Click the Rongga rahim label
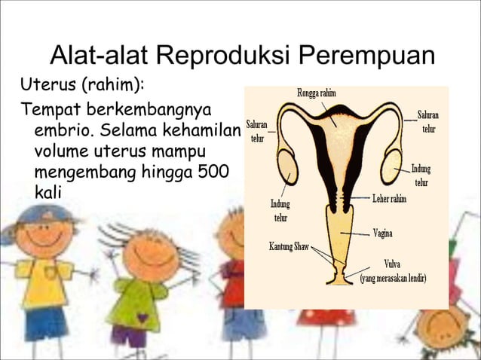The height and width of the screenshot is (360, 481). (x=317, y=93)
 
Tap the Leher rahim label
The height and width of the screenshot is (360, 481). (x=389, y=200)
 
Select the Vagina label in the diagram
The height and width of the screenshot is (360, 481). (x=382, y=233)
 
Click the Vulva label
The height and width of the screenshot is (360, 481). (x=392, y=264)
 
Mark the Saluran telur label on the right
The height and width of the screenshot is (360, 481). (x=428, y=122)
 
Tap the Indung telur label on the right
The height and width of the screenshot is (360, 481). (x=421, y=175)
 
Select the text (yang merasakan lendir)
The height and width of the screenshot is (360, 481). (x=394, y=278)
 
